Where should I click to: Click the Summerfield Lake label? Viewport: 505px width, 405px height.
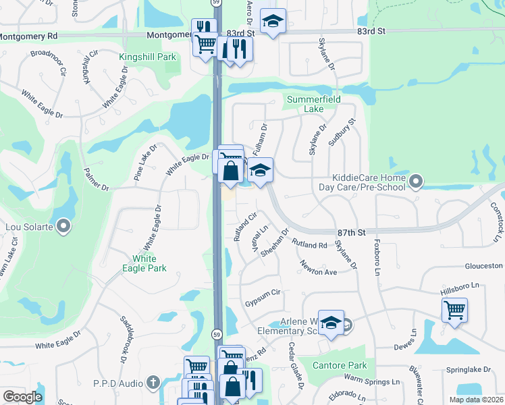(314, 104)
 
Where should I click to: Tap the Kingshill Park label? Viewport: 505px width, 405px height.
(148, 57)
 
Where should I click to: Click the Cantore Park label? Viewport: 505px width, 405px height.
(341, 365)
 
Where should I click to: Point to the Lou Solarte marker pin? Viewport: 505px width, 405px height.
(63, 226)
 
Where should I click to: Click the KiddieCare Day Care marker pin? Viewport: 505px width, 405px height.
(416, 181)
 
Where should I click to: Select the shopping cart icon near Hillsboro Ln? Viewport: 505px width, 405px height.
(455, 310)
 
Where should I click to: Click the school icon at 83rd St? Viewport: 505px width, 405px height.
(273, 21)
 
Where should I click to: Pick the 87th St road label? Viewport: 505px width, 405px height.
(351, 232)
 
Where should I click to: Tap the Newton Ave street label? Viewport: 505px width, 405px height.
(319, 267)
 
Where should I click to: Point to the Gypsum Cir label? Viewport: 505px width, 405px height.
(262, 293)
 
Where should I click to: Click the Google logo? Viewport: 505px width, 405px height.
(22, 397)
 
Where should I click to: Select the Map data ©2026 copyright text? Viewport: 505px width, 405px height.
(476, 400)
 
